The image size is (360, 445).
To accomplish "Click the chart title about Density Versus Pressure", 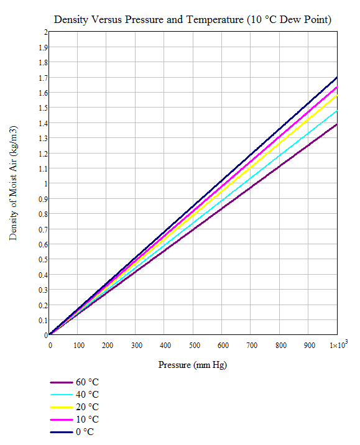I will pos(192,19).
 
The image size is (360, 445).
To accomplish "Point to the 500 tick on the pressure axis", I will pos(195,345).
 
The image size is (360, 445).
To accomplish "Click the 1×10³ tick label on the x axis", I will pos(337,345).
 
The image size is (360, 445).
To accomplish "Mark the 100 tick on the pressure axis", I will pos(79,345).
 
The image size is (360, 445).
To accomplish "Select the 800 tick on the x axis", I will pos(281,345).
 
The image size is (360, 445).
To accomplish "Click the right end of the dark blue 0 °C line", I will pos(336,78).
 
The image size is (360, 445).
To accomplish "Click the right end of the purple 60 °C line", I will pos(336,124).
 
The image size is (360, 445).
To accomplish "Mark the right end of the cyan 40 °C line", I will pos(336,111).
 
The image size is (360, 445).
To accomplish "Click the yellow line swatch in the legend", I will pos(61,407).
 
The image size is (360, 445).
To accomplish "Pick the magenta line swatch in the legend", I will pos(61,420).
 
